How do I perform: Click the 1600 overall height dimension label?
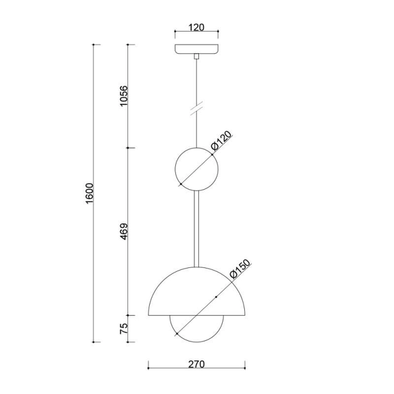90,194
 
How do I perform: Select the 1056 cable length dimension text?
123,97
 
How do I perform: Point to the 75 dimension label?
123,329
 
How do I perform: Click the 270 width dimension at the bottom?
197,364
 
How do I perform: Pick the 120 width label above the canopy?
196,27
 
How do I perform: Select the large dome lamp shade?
197,292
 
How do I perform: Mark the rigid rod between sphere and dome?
196,227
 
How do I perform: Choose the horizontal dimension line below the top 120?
196,32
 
